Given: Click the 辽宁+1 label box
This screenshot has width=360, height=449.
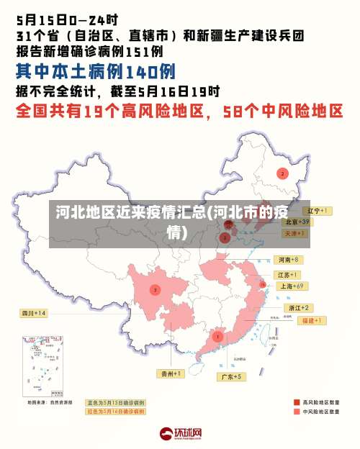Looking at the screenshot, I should pos(318,211).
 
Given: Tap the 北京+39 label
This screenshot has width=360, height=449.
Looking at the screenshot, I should pos(296,222).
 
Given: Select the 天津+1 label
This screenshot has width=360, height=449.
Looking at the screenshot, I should pos(294,234).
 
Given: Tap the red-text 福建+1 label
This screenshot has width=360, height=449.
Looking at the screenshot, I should pos(314,319).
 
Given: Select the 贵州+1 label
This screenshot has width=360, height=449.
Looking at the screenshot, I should pos(171,373).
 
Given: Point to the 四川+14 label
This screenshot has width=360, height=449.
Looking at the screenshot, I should pos(34,313).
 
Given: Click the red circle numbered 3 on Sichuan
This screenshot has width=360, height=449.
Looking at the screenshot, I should pos(155,290).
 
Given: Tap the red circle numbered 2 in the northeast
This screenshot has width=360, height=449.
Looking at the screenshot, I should pos(282,173).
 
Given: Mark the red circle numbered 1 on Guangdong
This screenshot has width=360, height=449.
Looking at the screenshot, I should pos(218,337).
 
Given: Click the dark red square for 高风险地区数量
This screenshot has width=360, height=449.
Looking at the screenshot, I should pos(297,402).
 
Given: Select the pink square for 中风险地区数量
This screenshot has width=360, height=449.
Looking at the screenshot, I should pos(297,412).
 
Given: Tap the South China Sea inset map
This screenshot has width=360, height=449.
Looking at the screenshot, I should pos(42,364).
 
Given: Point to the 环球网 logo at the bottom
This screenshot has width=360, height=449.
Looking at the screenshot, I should pos(180,434).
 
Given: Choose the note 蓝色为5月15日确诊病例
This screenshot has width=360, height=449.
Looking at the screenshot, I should pos(116,402).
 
